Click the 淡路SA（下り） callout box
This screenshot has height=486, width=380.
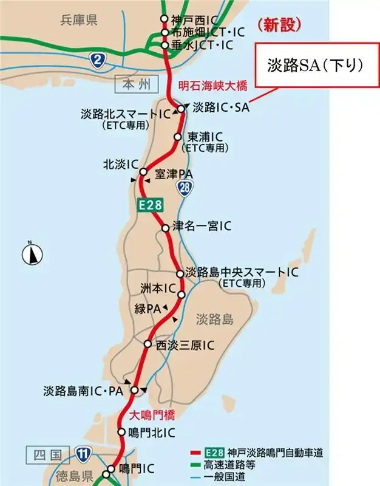pos(316,66)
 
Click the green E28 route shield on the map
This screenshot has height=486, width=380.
pos(150,205)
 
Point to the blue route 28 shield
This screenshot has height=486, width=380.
pos(186,189)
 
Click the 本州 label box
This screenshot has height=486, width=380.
pos(135,82)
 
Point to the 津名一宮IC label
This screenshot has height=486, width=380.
pos(202,227)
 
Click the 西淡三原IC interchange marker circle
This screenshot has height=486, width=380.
pos(148,344)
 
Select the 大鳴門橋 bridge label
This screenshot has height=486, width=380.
pos(153,416)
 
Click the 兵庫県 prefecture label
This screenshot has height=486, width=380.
pos(79,21)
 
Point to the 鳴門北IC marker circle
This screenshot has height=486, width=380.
pos(121,433)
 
